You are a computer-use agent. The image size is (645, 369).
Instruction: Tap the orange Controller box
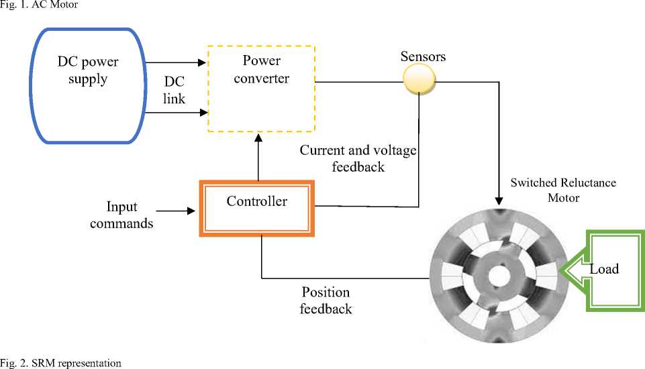256,207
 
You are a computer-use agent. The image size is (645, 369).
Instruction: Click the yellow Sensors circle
419,81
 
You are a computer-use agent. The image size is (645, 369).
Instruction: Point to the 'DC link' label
175,89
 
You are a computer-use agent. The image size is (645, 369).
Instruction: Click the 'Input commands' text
121,214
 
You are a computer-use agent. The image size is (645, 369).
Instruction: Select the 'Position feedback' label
326,301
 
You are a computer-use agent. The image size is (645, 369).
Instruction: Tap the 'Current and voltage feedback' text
358,158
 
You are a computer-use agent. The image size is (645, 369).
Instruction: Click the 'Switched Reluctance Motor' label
562,190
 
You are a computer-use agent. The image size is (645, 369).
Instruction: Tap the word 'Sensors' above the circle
423,56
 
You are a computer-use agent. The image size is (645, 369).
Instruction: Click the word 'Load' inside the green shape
604,270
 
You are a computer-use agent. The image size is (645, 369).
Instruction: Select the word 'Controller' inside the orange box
256,201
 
